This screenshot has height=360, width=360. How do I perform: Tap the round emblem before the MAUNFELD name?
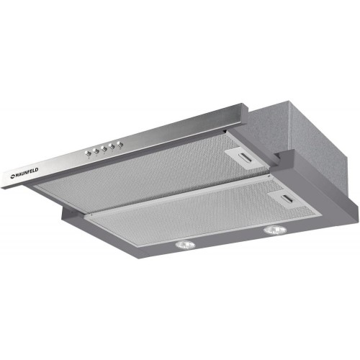(x=12, y=177)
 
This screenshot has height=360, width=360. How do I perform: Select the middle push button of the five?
(x=104, y=148)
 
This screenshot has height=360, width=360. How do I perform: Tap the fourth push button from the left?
(x=112, y=146)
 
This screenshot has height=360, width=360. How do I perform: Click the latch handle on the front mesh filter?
(x=287, y=199)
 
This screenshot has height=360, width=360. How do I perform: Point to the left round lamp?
(x=185, y=245)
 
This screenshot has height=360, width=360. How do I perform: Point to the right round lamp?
(x=275, y=230)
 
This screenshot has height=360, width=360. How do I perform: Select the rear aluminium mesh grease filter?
(x=153, y=171)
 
